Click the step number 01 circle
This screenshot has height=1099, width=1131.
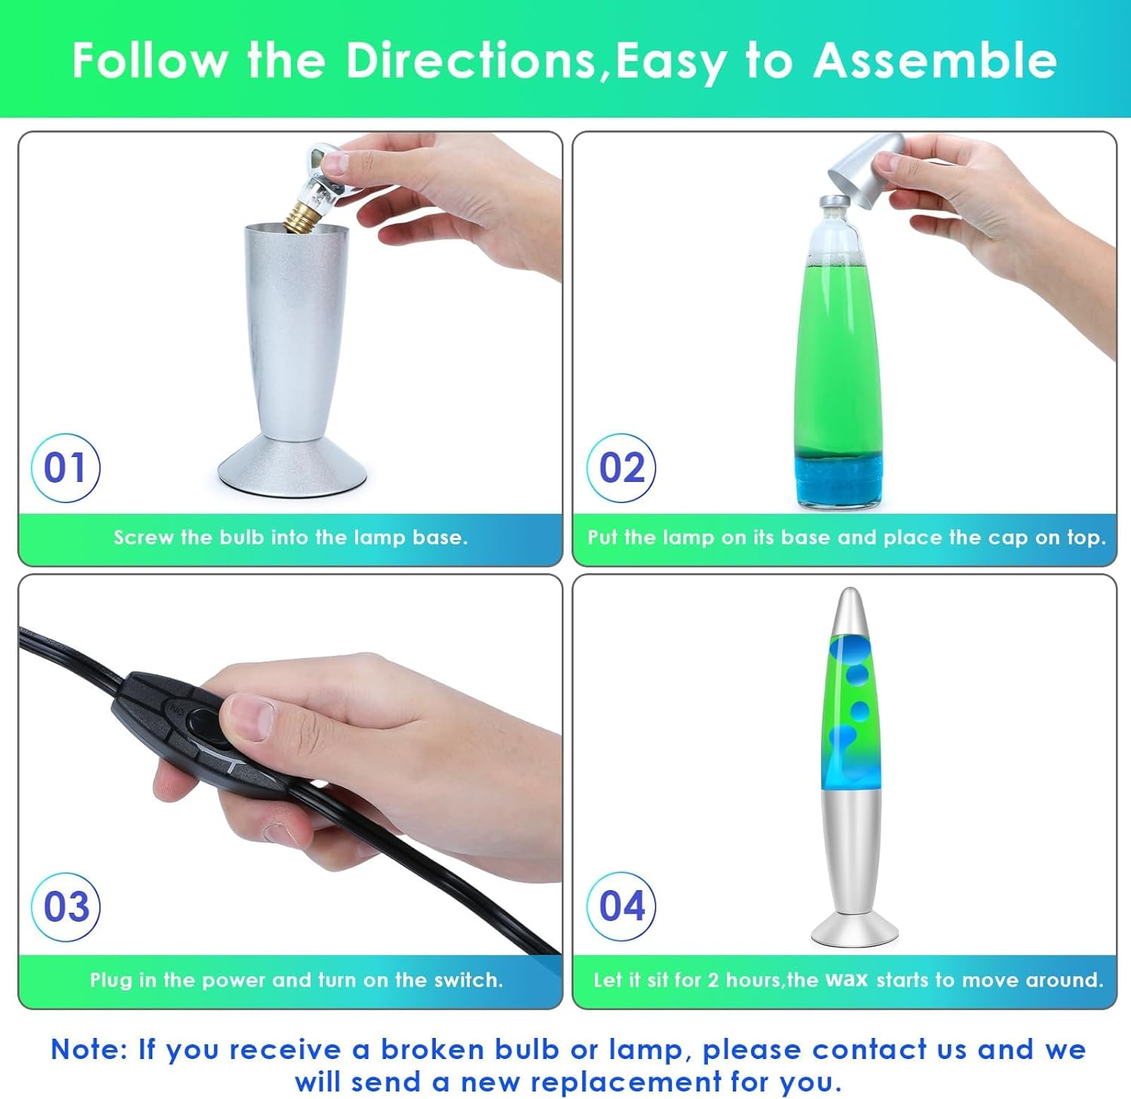(x=66, y=468)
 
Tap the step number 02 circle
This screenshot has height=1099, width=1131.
(x=621, y=468)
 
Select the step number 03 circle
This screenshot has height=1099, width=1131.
(x=66, y=907)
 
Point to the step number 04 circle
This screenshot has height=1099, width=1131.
(x=621, y=906)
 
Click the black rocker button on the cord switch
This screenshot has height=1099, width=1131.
(x=202, y=721)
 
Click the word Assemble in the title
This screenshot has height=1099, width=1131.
(x=935, y=60)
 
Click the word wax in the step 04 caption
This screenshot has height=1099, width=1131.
(x=847, y=980)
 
